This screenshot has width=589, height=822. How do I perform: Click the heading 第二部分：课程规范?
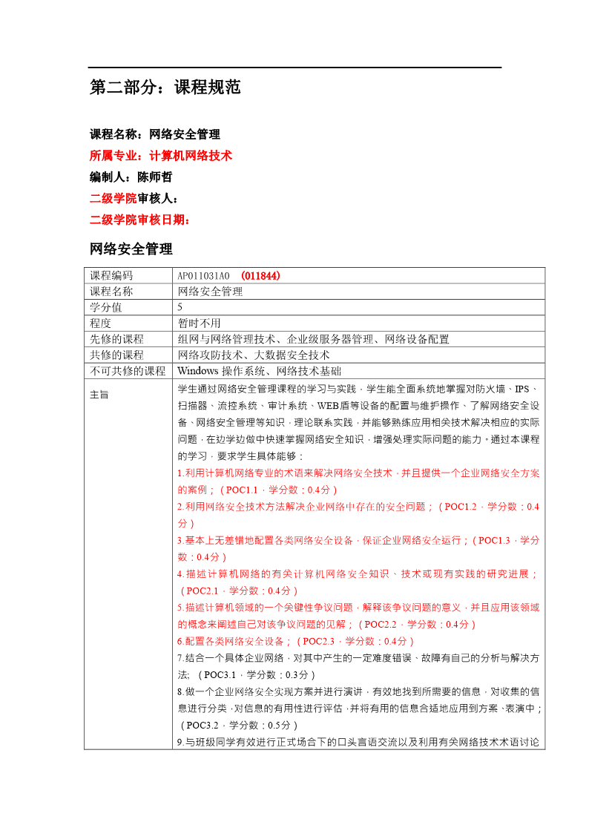point(165,88)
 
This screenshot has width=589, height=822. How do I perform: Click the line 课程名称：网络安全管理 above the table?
point(154,134)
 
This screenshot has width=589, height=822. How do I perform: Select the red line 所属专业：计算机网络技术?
point(161,156)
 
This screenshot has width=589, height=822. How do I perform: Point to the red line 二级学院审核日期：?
point(140,220)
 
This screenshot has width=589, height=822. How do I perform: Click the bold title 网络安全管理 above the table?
point(131,249)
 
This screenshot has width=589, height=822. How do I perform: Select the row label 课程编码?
point(111,276)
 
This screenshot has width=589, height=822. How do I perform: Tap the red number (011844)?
point(260,276)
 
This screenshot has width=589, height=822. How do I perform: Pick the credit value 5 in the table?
point(180,307)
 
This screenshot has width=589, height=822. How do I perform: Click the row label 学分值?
point(105,307)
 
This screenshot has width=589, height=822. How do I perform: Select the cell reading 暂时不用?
point(200,323)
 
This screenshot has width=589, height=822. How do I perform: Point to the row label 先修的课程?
point(116,339)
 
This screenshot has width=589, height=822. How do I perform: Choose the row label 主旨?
point(99,395)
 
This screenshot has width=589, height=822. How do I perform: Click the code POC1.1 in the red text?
point(242,490)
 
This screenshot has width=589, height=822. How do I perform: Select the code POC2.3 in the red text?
point(320,641)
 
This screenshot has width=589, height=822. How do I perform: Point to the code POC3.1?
point(220,674)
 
